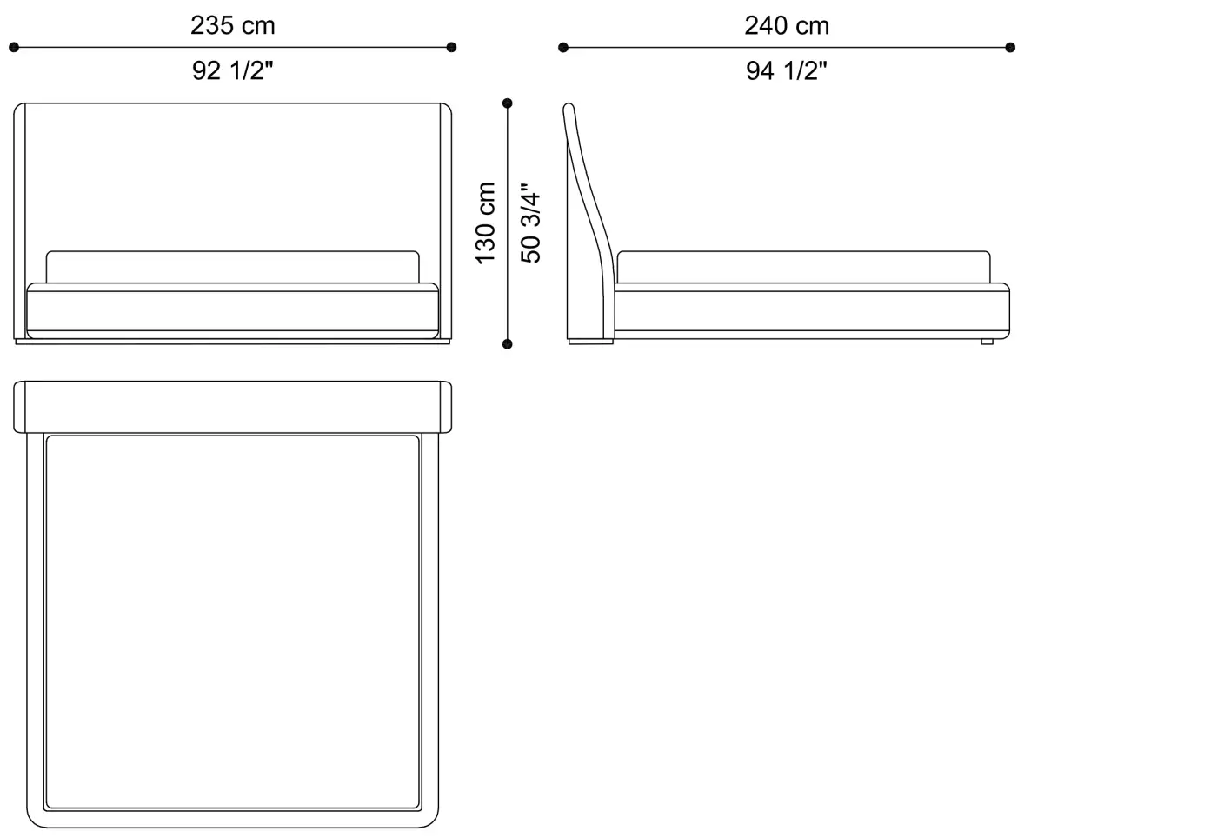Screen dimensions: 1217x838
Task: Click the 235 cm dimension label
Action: pyautogui.click(x=233, y=25)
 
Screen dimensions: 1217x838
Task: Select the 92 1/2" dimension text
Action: pyautogui.click(x=233, y=70)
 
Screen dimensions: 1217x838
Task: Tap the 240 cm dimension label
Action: pyautogui.click(x=787, y=25)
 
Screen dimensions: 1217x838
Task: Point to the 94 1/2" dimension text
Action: pyautogui.click(x=787, y=70)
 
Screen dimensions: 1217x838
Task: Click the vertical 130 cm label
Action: pyautogui.click(x=485, y=223)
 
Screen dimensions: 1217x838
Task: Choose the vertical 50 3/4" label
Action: pyautogui.click(x=530, y=223)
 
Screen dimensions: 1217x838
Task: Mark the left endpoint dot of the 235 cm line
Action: pyautogui.click(x=14, y=47)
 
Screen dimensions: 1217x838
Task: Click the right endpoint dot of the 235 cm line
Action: pyautogui.click(x=451, y=47)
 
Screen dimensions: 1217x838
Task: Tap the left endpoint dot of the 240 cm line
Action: pyautogui.click(x=563, y=47)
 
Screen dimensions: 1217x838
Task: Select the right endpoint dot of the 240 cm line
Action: pyautogui.click(x=1010, y=47)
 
